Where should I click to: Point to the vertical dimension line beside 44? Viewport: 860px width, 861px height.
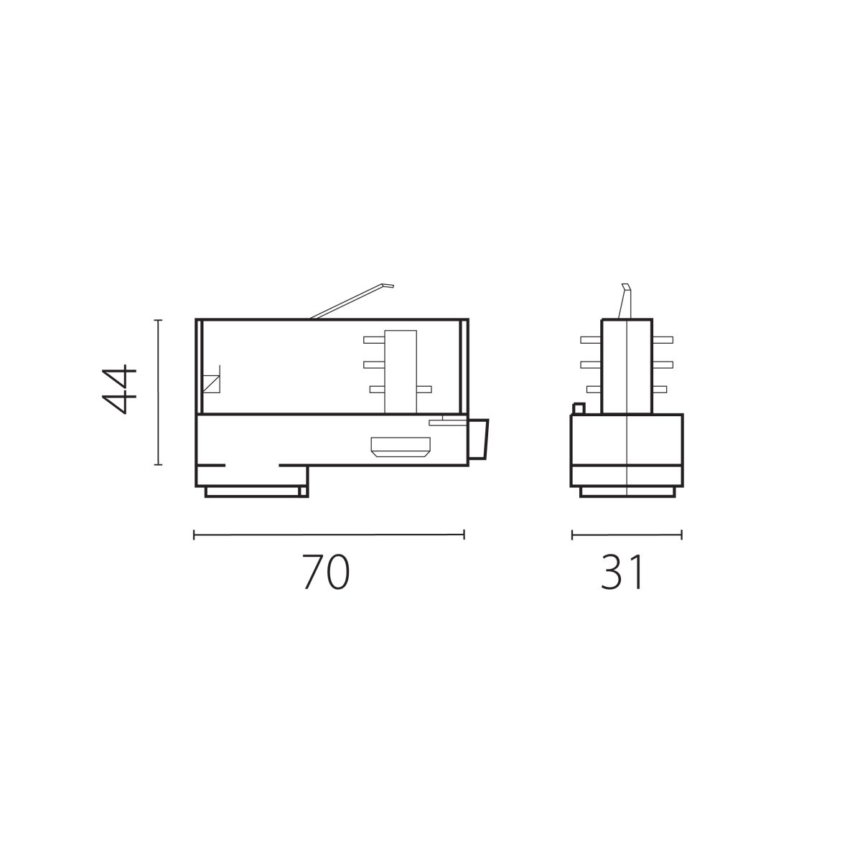point(159,392)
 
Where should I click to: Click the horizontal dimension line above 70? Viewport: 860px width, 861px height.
point(329,534)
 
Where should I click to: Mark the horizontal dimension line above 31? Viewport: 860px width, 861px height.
point(626,534)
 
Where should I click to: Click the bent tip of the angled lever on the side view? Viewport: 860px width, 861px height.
point(388,286)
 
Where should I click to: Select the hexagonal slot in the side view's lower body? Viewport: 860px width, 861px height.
point(401,448)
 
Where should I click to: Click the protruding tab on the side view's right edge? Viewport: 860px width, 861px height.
point(479,439)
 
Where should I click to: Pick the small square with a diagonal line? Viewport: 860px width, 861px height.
point(212,383)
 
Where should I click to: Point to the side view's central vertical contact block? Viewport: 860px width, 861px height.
point(401,371)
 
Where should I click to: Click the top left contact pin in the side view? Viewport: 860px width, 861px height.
point(375,339)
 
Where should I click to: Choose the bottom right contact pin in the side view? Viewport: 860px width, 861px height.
point(424,389)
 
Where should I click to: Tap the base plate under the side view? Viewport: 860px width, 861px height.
point(252,491)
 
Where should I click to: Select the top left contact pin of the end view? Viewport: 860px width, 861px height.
point(591,339)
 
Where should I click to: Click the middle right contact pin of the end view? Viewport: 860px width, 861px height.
point(662,364)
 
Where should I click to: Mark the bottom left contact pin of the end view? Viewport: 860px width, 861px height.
point(593,389)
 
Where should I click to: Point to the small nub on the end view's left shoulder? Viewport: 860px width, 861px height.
point(578,408)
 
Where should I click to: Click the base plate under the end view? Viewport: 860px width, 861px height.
point(627,491)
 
